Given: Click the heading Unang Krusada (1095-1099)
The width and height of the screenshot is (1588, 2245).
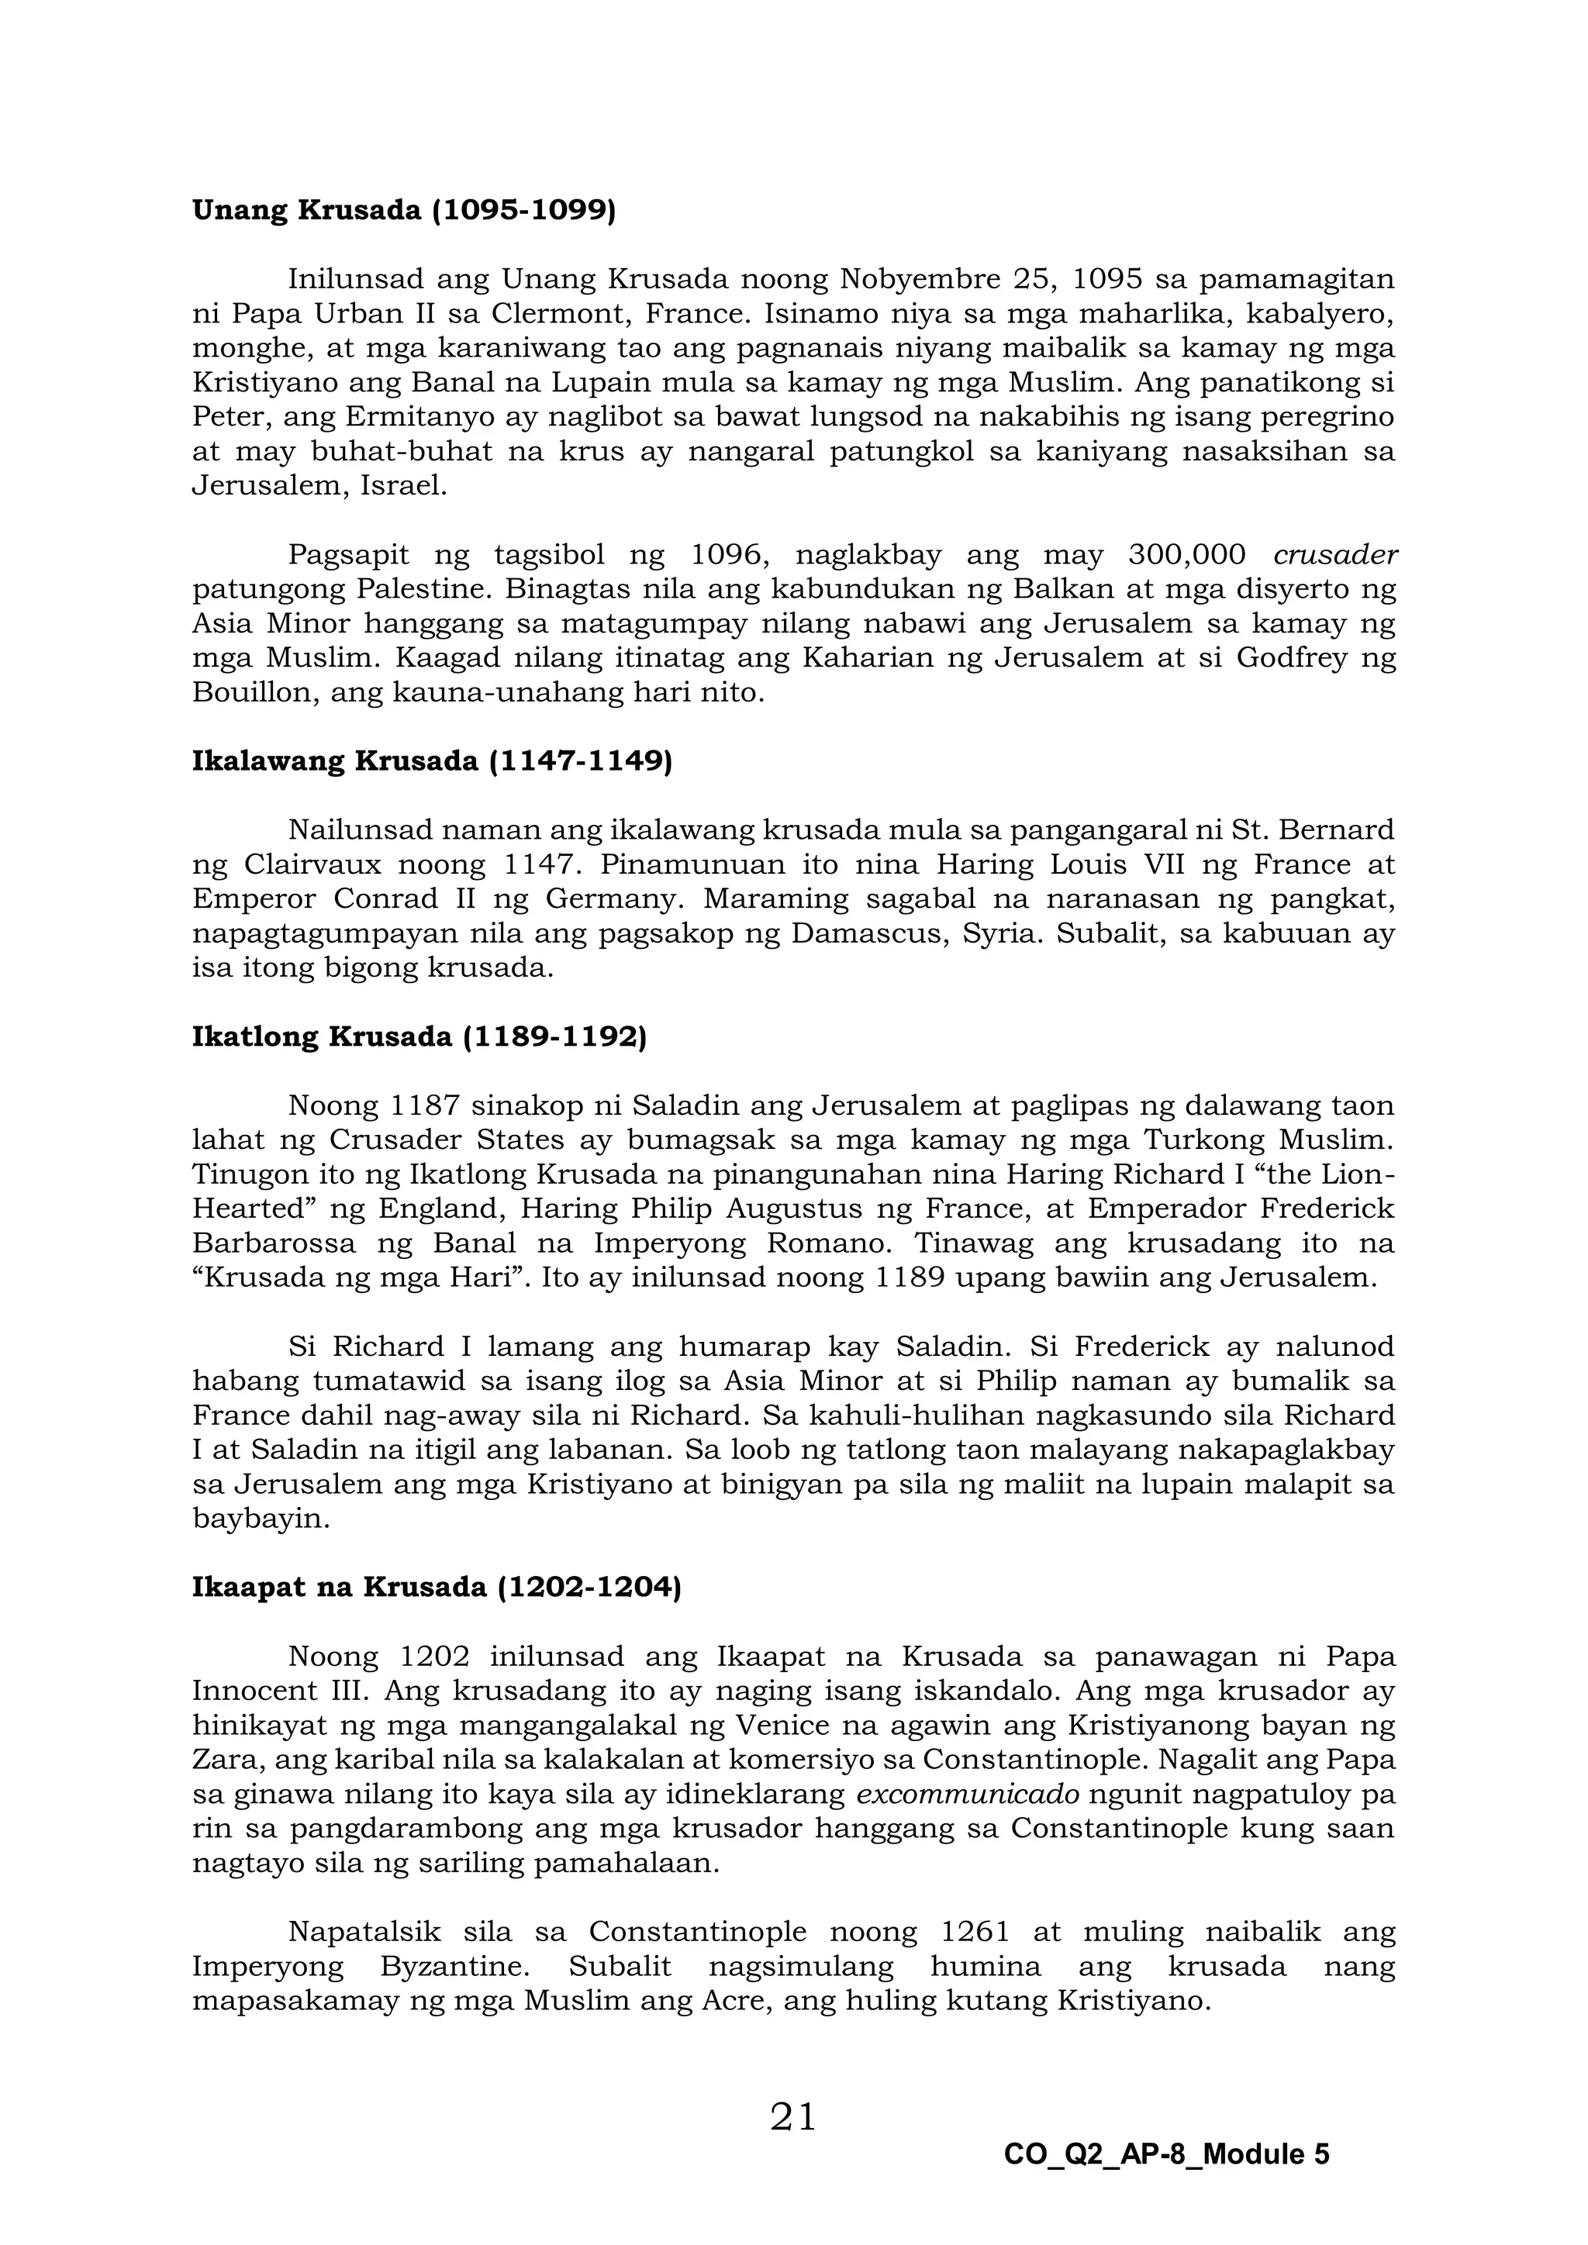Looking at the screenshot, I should tap(404, 211).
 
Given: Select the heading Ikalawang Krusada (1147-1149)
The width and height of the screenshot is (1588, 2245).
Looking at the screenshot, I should tap(432, 762).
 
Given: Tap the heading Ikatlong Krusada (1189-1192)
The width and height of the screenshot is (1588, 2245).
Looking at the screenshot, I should tap(419, 1037).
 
